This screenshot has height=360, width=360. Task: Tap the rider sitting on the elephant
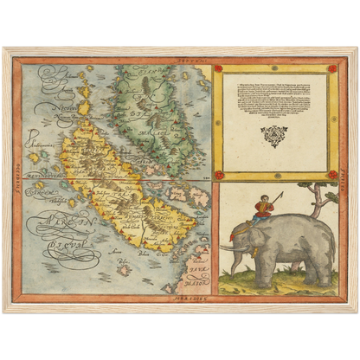[x=263, y=208]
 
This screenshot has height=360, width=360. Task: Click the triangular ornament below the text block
[x=273, y=136]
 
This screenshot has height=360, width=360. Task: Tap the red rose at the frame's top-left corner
[x=218, y=67]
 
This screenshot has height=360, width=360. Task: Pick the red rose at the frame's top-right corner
[x=331, y=67]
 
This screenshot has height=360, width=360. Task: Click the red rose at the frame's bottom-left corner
[x=218, y=175]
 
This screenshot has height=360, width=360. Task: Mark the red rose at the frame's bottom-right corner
[x=331, y=175]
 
